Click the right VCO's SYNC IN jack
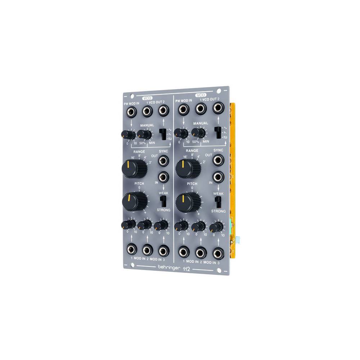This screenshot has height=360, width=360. point(217,177)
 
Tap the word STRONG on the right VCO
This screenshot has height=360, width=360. point(218,211)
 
